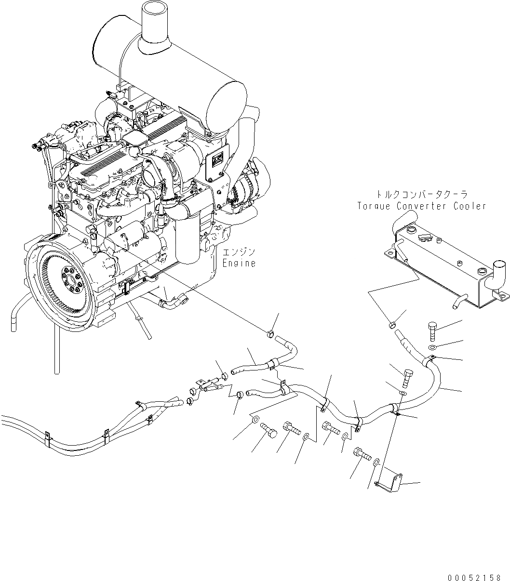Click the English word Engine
(x=239, y=264)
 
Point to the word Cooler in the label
(x=470, y=206)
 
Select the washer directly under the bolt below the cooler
(x=432, y=348)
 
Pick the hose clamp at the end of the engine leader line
(x=271, y=332)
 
